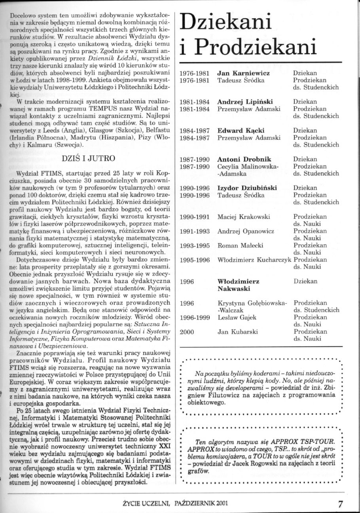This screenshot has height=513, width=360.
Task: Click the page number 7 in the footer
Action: [341, 503]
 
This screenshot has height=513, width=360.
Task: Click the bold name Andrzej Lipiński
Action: [245, 102]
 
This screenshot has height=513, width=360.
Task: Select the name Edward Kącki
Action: [241, 130]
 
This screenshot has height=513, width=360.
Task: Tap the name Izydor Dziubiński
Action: [247, 188]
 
